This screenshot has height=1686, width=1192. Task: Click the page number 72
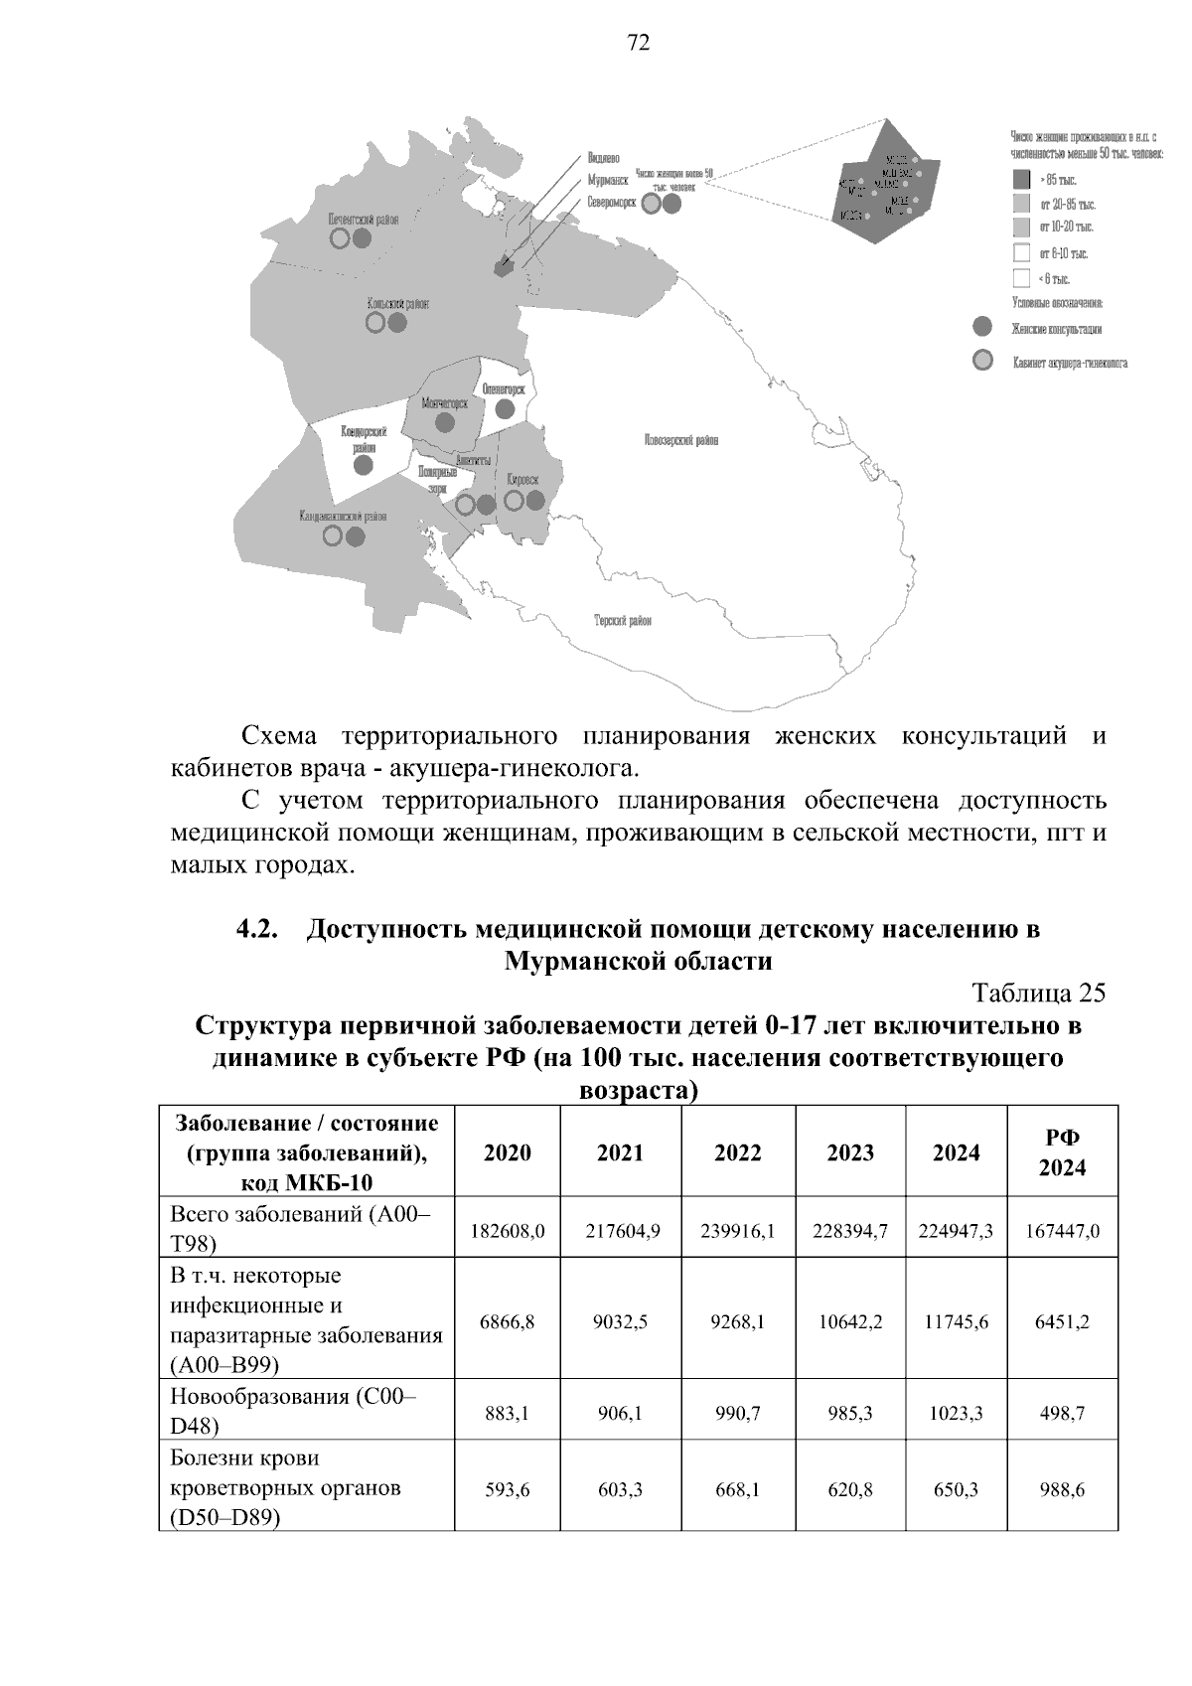click(639, 43)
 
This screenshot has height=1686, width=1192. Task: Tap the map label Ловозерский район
click(680, 440)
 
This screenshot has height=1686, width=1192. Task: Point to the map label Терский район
click(623, 620)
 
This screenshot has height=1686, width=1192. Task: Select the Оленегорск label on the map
click(504, 390)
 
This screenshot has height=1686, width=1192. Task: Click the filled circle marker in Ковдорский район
click(364, 464)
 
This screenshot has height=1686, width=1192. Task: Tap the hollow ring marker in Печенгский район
click(340, 238)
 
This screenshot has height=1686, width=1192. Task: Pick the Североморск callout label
click(611, 202)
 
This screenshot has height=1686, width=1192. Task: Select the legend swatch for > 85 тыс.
click(1021, 180)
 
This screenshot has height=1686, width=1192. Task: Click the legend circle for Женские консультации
click(982, 327)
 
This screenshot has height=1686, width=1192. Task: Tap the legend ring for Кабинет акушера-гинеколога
click(982, 361)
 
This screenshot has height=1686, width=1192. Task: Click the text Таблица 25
click(1039, 994)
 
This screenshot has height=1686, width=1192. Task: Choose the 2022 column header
click(738, 1152)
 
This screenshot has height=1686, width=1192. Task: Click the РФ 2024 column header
click(1062, 1152)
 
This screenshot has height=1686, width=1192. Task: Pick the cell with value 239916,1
click(738, 1231)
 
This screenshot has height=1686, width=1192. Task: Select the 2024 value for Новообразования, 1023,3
click(956, 1413)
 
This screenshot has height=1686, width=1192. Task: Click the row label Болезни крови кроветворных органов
click(285, 1488)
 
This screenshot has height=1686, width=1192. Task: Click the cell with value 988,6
click(1062, 1490)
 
